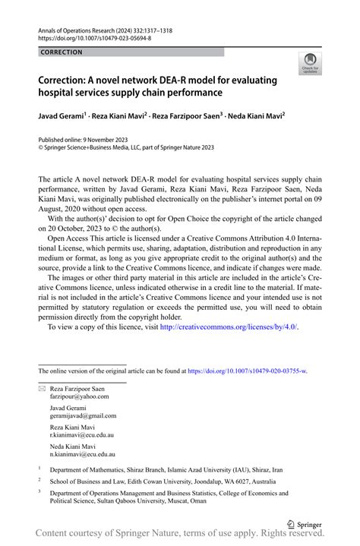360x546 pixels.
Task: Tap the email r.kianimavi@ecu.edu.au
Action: coord(83,435)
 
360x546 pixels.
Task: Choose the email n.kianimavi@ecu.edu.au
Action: coord(83,454)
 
